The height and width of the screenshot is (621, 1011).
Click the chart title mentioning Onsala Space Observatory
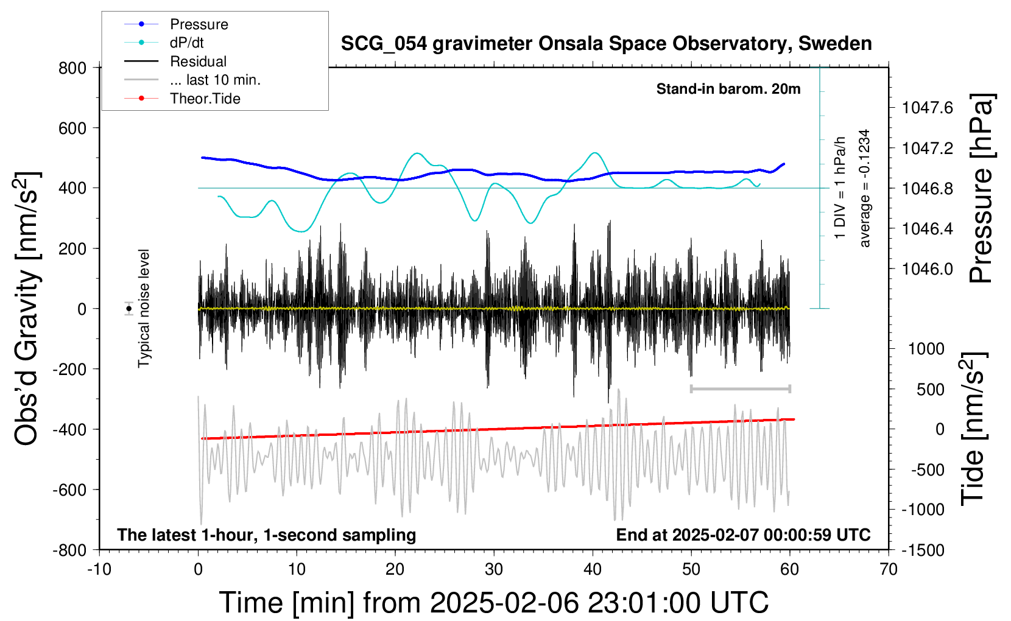606,44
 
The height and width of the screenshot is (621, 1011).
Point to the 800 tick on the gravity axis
72,68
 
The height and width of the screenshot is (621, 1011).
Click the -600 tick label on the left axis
69,489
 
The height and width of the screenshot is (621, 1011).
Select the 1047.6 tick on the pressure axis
928,108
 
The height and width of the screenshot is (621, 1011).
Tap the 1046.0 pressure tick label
928,269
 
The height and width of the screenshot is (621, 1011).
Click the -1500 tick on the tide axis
923,550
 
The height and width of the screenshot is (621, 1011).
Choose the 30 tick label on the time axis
494,569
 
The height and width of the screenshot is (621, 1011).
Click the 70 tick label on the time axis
888,569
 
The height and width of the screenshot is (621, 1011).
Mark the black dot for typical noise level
129,309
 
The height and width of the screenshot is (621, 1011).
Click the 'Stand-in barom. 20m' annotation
728,89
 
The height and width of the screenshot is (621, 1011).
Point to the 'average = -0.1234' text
864,188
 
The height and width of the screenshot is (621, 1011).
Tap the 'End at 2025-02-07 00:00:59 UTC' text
744,535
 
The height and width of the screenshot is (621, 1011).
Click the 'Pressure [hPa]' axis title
981,188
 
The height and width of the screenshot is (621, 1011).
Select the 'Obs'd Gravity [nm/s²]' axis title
27,309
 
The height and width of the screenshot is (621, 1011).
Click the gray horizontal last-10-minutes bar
740,388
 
